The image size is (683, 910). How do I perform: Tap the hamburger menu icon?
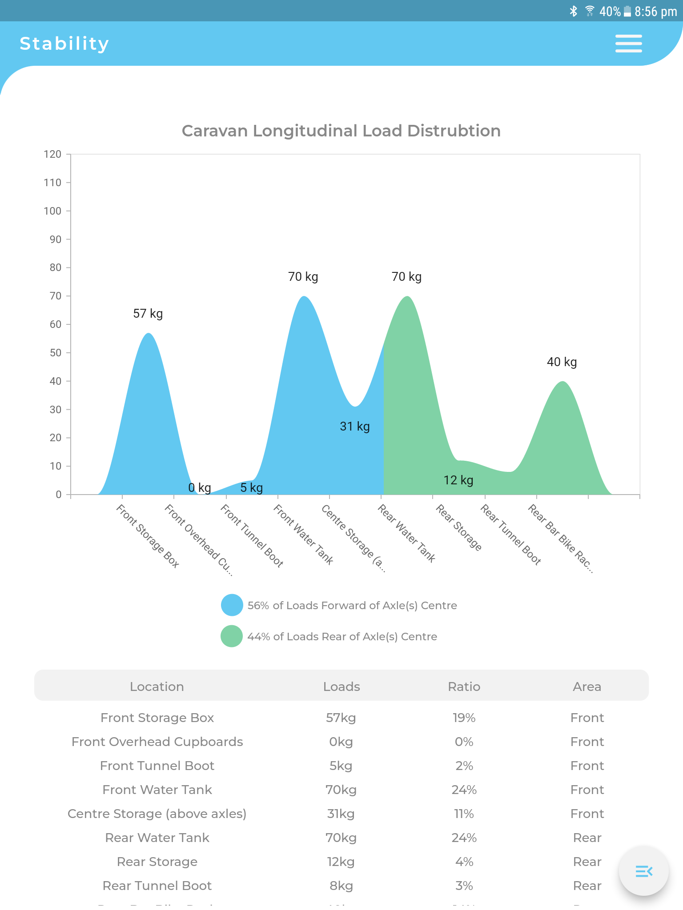[x=628, y=44]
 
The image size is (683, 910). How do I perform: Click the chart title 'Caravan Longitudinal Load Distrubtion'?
[x=341, y=131]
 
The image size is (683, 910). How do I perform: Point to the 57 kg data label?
[x=148, y=314]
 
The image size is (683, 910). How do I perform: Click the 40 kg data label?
[x=562, y=362]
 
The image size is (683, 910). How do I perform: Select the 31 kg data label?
[x=354, y=427]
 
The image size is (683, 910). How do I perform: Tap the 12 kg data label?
[x=458, y=480]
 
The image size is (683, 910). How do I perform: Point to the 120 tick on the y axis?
[x=52, y=154]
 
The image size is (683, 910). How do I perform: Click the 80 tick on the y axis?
[x=56, y=267]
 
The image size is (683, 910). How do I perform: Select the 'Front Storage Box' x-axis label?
[x=148, y=536]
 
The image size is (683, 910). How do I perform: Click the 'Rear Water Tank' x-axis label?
[x=406, y=533]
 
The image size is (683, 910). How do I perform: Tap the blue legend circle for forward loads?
[x=232, y=605]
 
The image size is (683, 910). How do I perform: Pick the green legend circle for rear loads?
[x=232, y=636]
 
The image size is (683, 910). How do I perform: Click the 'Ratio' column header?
[x=464, y=687]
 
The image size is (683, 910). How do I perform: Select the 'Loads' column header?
[x=341, y=687]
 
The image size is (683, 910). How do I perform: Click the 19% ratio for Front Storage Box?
[x=464, y=718]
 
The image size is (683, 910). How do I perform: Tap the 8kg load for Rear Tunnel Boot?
[x=341, y=886]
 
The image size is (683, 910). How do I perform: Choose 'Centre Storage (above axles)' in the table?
[x=157, y=814]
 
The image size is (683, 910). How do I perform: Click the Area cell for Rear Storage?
[x=587, y=862]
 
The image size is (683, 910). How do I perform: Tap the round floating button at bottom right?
[x=643, y=871]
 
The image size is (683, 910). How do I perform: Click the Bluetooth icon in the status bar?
[x=574, y=11]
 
